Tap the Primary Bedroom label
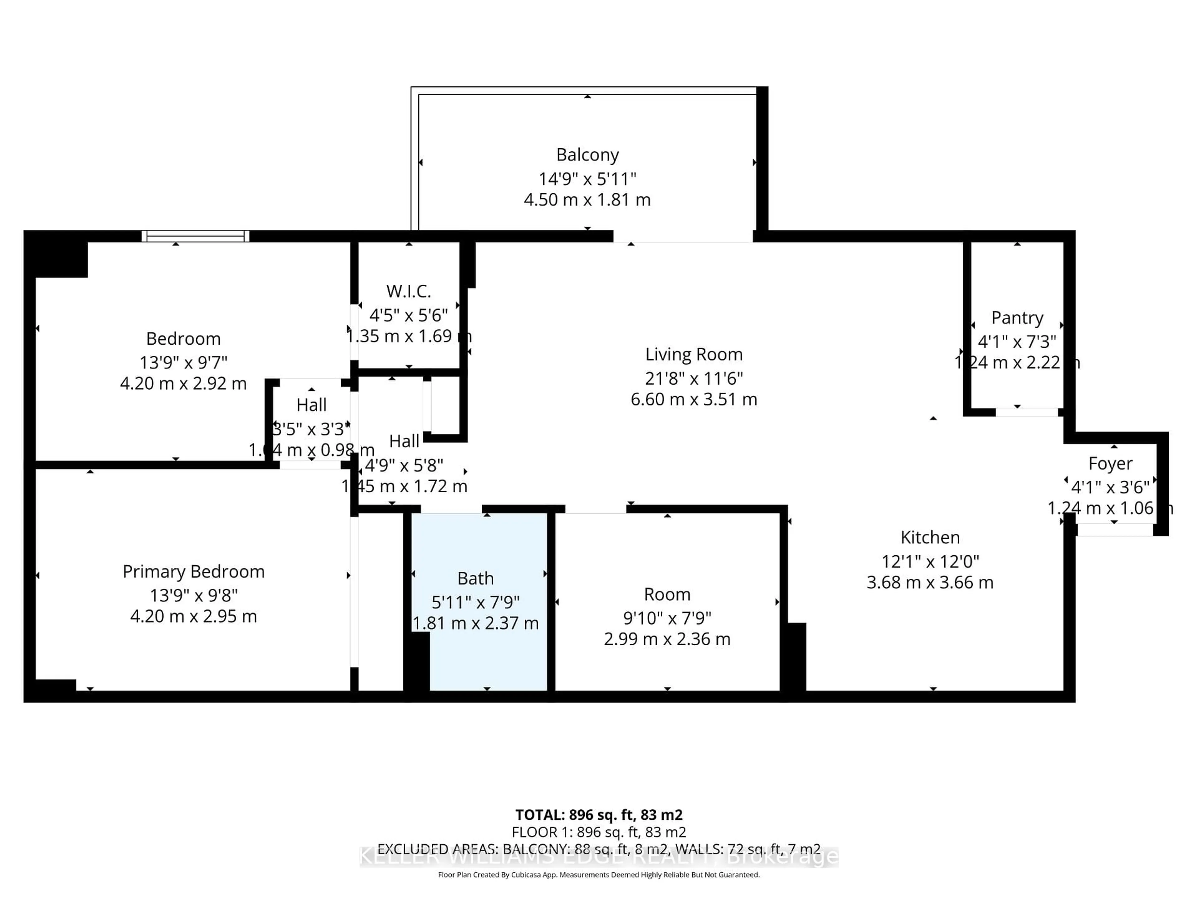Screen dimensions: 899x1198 [x=193, y=572]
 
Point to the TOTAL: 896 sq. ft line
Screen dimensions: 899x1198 [x=598, y=815]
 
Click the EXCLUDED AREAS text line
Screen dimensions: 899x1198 [x=598, y=849]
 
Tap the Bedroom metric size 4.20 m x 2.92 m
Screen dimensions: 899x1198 [x=183, y=384]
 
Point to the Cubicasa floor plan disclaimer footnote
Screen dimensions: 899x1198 [x=598, y=875]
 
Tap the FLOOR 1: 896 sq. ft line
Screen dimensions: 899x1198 [x=598, y=832]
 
